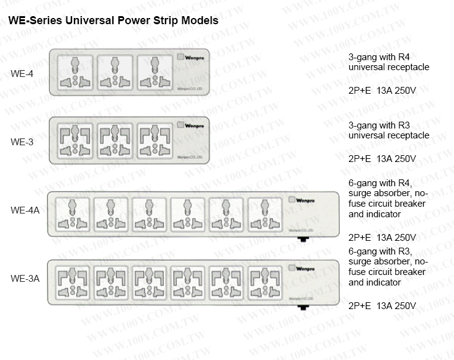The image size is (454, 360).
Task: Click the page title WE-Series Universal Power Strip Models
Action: tap(113, 20)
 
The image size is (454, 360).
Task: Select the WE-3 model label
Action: tap(22, 142)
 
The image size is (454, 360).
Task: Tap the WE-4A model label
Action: tap(25, 210)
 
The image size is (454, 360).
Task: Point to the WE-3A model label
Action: tap(25, 278)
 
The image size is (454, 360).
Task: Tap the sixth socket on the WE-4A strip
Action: tap(265, 215)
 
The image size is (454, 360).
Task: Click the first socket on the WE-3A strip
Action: tap(73, 282)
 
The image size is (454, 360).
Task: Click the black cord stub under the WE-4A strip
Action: tap(303, 239)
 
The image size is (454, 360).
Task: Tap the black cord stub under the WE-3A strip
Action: tap(303, 307)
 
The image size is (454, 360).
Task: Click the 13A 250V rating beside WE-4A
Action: tap(396, 237)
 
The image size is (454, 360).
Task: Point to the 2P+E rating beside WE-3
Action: tap(360, 159)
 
